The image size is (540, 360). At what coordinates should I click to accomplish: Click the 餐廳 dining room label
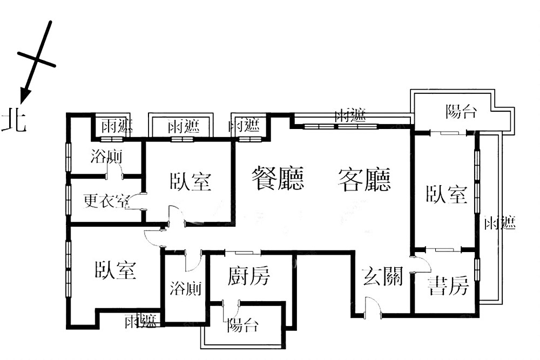coord(278,178)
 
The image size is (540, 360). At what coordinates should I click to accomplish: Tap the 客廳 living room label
coord(364,179)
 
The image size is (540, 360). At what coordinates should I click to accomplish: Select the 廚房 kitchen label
coord(248,275)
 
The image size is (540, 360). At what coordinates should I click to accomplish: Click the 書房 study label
coord(448,286)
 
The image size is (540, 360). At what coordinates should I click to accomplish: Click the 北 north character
coord(14,119)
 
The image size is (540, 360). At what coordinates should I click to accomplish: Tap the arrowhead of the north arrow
coord(24,96)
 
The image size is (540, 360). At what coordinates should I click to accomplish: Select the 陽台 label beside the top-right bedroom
coord(461,112)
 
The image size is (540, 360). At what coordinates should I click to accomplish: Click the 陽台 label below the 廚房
coord(242,325)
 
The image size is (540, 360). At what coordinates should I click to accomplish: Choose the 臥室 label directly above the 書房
coord(447,194)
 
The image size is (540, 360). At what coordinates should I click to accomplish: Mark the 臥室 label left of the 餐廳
coord(191,181)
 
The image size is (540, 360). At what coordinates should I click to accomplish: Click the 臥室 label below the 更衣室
coord(116,269)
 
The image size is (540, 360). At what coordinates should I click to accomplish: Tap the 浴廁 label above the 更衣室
coord(107,157)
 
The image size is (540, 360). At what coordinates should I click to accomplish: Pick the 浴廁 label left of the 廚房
coord(186,288)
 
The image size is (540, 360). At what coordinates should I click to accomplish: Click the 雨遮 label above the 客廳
coord(350,115)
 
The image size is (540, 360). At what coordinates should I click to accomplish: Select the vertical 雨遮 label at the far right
coord(500,223)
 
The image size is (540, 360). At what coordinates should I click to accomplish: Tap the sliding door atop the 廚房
coord(243,253)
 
